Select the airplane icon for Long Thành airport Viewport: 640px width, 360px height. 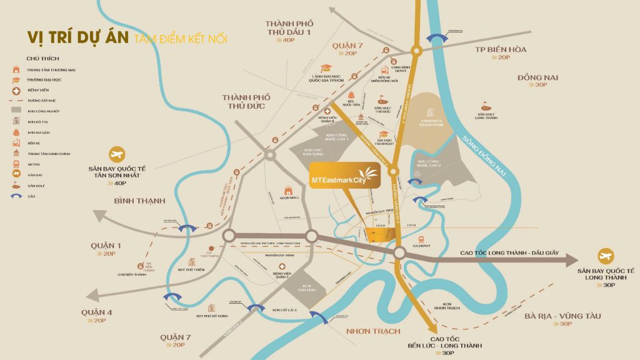point(605,256)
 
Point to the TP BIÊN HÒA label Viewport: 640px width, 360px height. point(500,49)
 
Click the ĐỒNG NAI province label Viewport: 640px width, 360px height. point(537,77)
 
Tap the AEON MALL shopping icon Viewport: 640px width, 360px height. point(288,190)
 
